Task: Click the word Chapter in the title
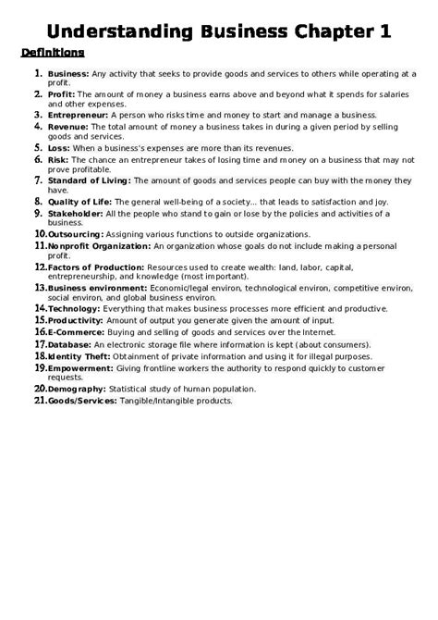coord(335,31)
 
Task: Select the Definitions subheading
coord(54,53)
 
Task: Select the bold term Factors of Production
coord(96,267)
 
